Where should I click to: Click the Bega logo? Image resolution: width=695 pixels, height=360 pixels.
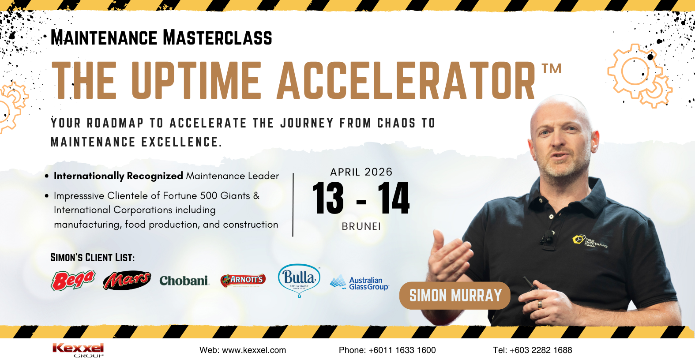[x=73, y=280]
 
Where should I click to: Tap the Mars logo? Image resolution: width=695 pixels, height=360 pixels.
[x=127, y=281]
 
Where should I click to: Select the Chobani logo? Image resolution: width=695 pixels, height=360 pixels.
[x=184, y=281]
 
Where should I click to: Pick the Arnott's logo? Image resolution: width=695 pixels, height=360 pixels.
[x=243, y=280]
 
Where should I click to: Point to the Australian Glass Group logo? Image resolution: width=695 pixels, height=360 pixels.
[x=359, y=282]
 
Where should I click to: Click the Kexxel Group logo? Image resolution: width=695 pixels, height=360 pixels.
[x=78, y=350]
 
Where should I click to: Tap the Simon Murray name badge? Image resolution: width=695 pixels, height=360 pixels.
[x=455, y=295]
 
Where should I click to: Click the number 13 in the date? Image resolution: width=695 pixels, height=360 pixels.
[x=328, y=198]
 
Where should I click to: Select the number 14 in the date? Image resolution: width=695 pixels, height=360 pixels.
[x=394, y=198]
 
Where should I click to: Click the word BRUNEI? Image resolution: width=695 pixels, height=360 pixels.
[x=361, y=226]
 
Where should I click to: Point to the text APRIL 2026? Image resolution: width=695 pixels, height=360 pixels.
[x=361, y=172]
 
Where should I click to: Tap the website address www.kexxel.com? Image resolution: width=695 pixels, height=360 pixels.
[x=254, y=350]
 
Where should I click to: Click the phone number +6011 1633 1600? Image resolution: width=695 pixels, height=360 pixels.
[x=402, y=350]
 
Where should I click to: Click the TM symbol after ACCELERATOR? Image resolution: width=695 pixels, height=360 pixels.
[x=552, y=68]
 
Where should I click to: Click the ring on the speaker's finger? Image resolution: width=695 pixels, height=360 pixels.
[x=540, y=304]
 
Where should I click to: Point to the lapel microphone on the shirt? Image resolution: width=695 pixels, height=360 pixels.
[x=547, y=238]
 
